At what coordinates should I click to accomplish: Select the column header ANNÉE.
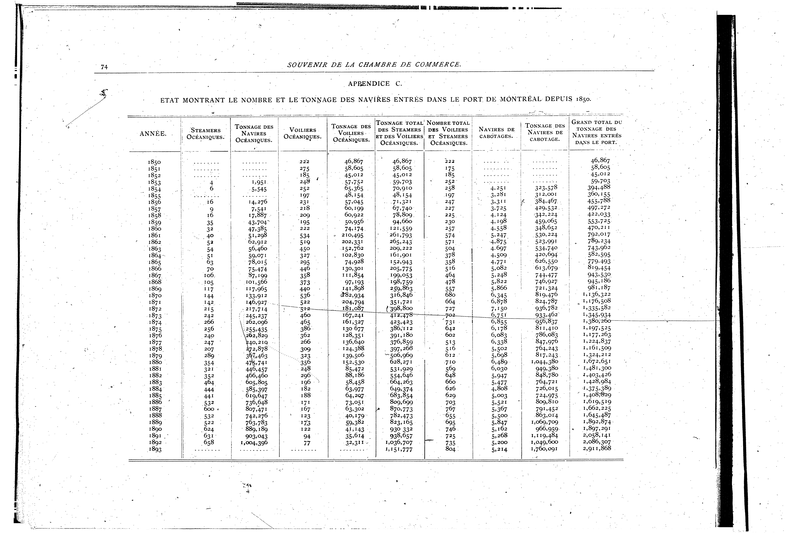click(153, 134)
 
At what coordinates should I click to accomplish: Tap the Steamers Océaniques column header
click(206, 134)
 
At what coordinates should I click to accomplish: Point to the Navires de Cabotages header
click(497, 133)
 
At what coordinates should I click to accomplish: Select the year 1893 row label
click(155, 450)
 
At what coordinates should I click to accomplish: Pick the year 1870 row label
click(155, 296)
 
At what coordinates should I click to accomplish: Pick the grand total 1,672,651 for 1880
click(597, 361)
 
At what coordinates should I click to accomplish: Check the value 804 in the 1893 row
click(450, 449)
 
